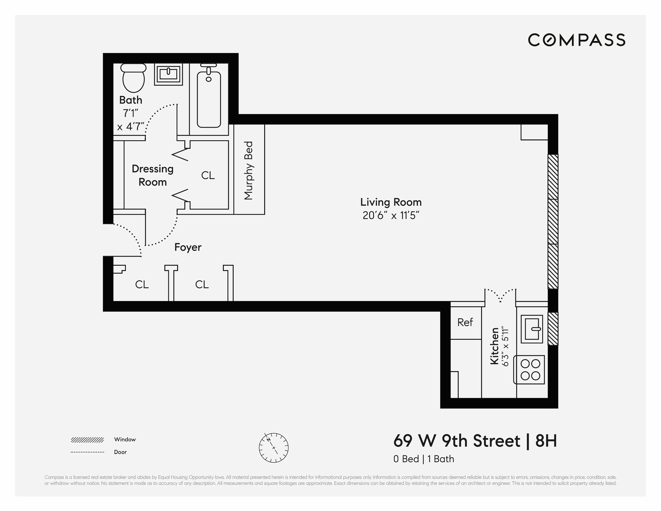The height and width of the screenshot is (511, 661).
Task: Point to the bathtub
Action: [x=209, y=98]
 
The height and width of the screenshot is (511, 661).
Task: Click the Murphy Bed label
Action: [x=249, y=170]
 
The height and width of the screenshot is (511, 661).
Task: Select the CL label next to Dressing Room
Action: [x=208, y=175]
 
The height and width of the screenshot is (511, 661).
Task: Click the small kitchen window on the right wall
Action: [x=553, y=329]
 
